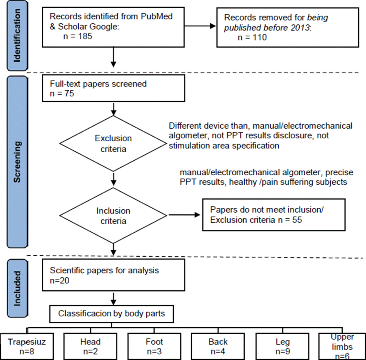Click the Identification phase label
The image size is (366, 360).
tap(17, 36)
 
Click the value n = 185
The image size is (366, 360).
tap(78, 36)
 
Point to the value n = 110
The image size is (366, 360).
tap(252, 38)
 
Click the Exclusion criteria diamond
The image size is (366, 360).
tap(113, 144)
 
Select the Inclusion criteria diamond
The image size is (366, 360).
tap(113, 216)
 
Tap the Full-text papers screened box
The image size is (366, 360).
tap(113, 88)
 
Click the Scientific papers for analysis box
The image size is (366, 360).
tap(113, 275)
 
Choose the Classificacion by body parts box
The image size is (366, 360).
tap(111, 314)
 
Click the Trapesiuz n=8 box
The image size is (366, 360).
tap(27, 346)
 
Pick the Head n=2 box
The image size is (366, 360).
tap(90, 346)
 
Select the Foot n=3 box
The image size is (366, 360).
tap(154, 346)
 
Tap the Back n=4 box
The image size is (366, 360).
tap(218, 346)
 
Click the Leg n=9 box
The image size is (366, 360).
tap(283, 346)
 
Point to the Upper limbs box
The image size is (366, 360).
tap(342, 346)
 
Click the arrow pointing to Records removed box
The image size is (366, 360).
tap(200, 26)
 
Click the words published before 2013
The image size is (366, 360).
tap(267, 28)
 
